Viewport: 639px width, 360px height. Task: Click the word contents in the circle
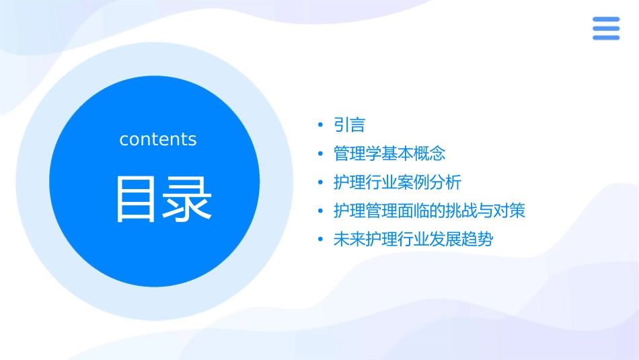coord(158,139)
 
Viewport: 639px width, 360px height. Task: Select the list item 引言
coord(349,125)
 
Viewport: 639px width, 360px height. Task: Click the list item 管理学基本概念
coord(389,153)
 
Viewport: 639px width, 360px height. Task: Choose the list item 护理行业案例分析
coord(397,182)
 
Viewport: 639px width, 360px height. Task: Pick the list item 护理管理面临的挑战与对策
coord(429,211)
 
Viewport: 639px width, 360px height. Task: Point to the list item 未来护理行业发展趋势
coord(413,240)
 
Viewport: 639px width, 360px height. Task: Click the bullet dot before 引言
coord(321,125)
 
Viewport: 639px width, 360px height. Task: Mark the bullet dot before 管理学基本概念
coord(321,154)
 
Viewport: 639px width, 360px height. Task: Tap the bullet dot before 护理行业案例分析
coord(321,182)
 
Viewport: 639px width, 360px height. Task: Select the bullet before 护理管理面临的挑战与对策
coord(321,211)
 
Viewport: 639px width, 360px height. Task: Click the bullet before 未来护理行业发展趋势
coord(321,240)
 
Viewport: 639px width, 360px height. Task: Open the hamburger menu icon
coord(605,28)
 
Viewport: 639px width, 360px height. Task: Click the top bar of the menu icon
coord(605,20)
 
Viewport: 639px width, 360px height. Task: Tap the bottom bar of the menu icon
coord(605,37)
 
